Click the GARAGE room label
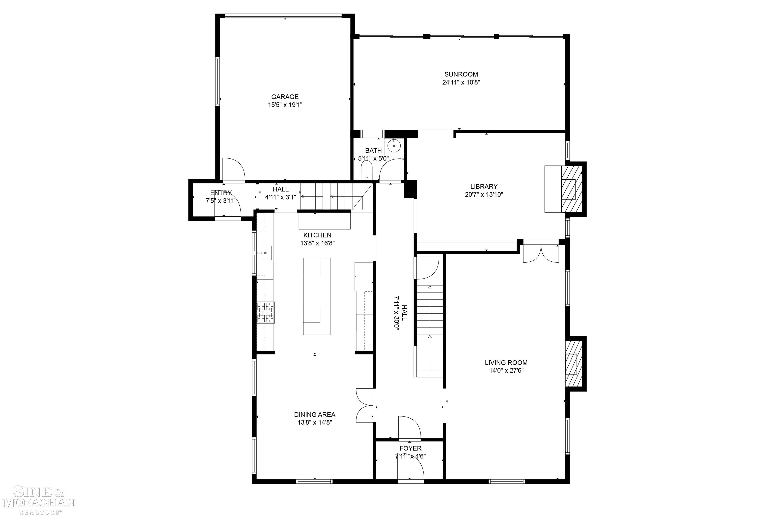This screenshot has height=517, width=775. point(285,97)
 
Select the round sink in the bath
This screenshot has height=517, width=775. point(394,145)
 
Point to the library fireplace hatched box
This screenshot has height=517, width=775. point(572,189)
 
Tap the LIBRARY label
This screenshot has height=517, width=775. point(484,186)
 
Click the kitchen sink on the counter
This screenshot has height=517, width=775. point(265,253)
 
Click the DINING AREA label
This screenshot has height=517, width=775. point(315,415)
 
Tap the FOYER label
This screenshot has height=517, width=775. point(410,448)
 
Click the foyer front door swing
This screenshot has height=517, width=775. point(410,468)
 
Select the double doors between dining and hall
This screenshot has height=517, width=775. point(365,405)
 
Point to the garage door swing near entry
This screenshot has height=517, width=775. point(233,170)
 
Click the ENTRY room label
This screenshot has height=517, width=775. point(221,193)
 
